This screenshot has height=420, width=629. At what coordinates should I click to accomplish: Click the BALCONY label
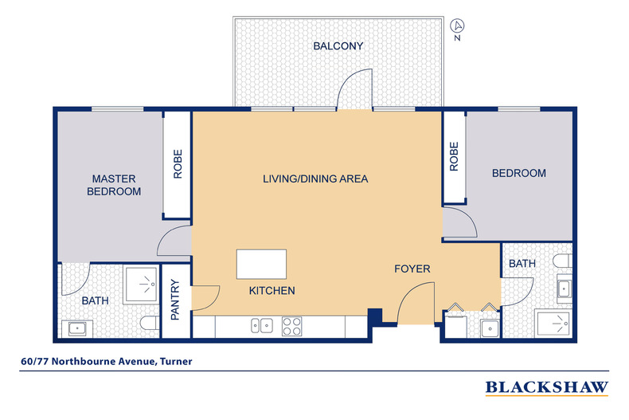(x=338, y=46)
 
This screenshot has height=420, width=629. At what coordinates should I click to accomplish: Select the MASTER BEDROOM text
(x=114, y=185)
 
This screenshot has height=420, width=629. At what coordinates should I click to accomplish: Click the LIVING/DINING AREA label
(x=315, y=179)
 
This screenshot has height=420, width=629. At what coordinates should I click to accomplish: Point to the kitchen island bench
(x=261, y=264)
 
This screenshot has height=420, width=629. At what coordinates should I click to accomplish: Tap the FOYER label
(x=412, y=269)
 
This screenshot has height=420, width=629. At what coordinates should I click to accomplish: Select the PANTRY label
(x=176, y=299)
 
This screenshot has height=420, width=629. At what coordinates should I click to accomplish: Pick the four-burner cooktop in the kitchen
(x=291, y=325)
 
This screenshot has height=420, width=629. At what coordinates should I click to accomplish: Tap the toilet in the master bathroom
(x=147, y=323)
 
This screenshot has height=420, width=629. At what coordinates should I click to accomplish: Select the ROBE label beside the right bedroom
(x=455, y=156)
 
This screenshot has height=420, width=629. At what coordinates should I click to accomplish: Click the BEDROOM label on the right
(x=518, y=174)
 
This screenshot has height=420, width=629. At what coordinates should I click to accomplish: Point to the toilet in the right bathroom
(x=562, y=261)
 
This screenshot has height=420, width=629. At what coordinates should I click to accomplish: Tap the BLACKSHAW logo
(x=547, y=388)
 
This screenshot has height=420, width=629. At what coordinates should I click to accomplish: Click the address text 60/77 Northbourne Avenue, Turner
(x=107, y=361)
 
